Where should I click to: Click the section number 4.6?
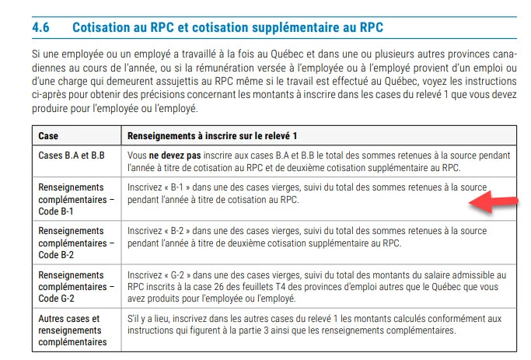[41, 27]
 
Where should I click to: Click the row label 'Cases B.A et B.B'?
[72, 156]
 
